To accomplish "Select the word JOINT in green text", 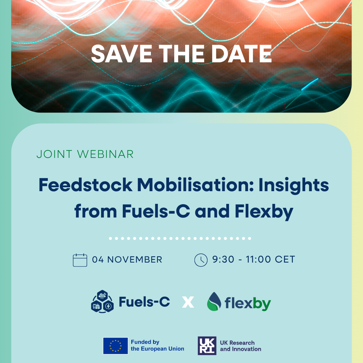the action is point(54,154).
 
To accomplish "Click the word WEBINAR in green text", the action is point(105,154).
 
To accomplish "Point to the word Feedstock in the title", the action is point(85,185).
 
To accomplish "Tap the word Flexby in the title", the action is point(264,212).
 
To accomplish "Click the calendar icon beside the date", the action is point(80,260).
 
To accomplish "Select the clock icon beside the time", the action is point(201,260).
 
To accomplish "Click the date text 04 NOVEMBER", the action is point(127,260).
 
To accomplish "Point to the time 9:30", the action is point(223,259).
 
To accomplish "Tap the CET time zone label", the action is point(285,259).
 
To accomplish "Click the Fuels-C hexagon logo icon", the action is point(102,301).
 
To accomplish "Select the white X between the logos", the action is point(188,302).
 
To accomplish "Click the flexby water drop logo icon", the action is point(214,301).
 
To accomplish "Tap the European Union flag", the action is point(116,346).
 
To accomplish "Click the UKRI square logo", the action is point(207,346).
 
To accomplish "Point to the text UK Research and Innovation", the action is point(240,346).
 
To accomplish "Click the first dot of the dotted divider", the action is point(110,238).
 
